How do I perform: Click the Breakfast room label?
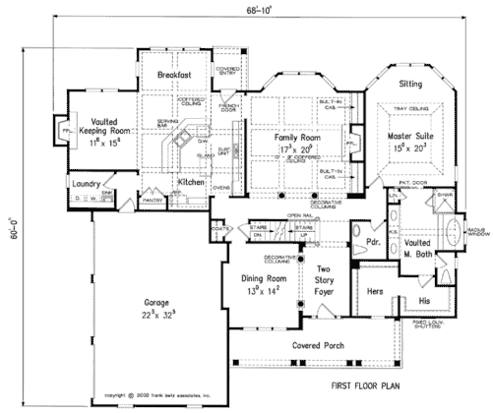(x=175, y=75)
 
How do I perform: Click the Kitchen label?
(x=190, y=183)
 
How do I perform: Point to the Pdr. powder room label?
(x=373, y=241)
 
